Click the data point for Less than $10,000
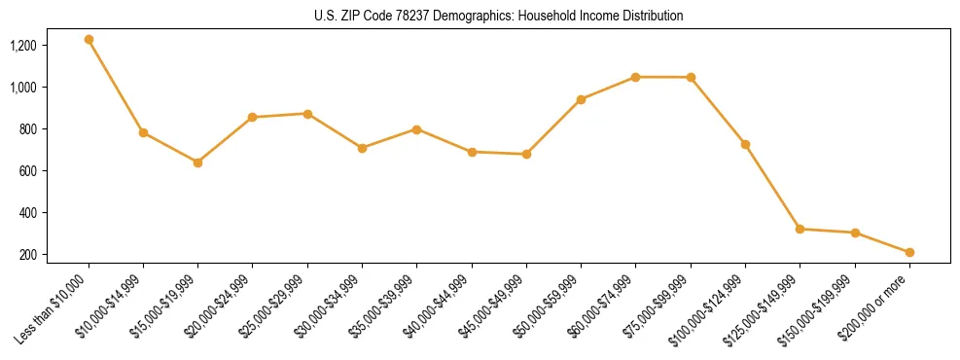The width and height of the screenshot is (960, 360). [89, 40]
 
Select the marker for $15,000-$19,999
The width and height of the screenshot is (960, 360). [197, 162]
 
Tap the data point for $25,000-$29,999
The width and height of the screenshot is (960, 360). [307, 114]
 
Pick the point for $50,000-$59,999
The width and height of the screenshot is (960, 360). [581, 99]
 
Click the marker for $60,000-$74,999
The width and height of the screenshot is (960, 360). [635, 77]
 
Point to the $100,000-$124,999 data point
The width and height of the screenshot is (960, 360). [745, 144]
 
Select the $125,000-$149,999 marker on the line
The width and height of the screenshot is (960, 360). [800, 229]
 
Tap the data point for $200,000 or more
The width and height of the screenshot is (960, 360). [909, 252]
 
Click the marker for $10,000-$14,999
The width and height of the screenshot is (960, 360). [143, 132]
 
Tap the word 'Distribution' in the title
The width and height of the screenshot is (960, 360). [650, 17]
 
